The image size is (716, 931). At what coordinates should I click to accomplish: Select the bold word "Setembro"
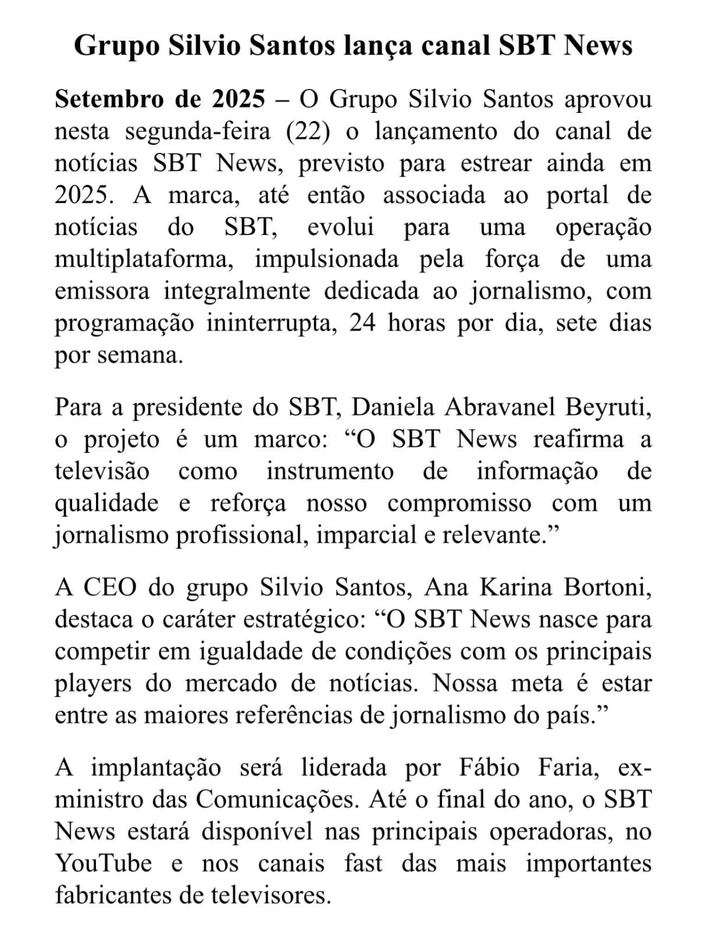point(108,100)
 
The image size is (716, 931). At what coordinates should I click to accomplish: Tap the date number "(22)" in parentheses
point(308,132)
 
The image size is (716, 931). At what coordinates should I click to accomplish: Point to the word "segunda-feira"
point(198,132)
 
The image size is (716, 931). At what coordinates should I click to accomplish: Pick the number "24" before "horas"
point(362,323)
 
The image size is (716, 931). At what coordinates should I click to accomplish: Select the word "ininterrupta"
point(272,323)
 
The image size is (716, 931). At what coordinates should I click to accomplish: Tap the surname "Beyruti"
point(607,407)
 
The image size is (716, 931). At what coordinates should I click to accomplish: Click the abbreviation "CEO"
point(109,588)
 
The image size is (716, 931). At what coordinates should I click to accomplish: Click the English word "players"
point(93,684)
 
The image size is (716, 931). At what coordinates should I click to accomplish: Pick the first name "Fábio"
point(489,768)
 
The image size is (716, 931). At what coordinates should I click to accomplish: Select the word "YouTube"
point(104,864)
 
